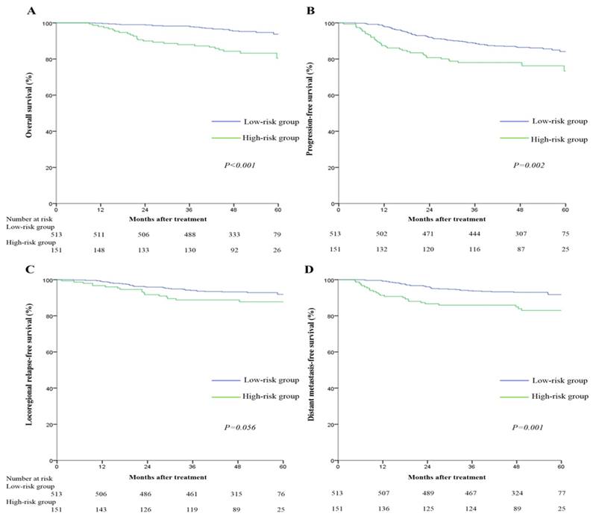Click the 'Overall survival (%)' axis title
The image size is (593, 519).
(x=30, y=113)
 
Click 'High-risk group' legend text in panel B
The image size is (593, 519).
(x=559, y=139)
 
